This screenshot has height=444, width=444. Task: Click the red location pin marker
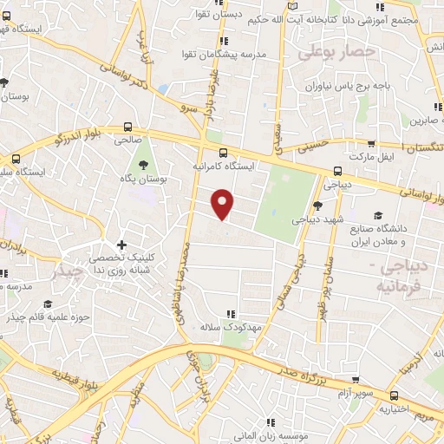(224, 205)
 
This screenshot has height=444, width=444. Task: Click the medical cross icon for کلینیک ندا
(121, 245)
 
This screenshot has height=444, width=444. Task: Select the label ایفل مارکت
(373, 156)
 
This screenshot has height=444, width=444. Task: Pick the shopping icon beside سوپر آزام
(356, 379)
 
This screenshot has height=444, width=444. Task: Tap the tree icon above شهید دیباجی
(317, 205)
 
